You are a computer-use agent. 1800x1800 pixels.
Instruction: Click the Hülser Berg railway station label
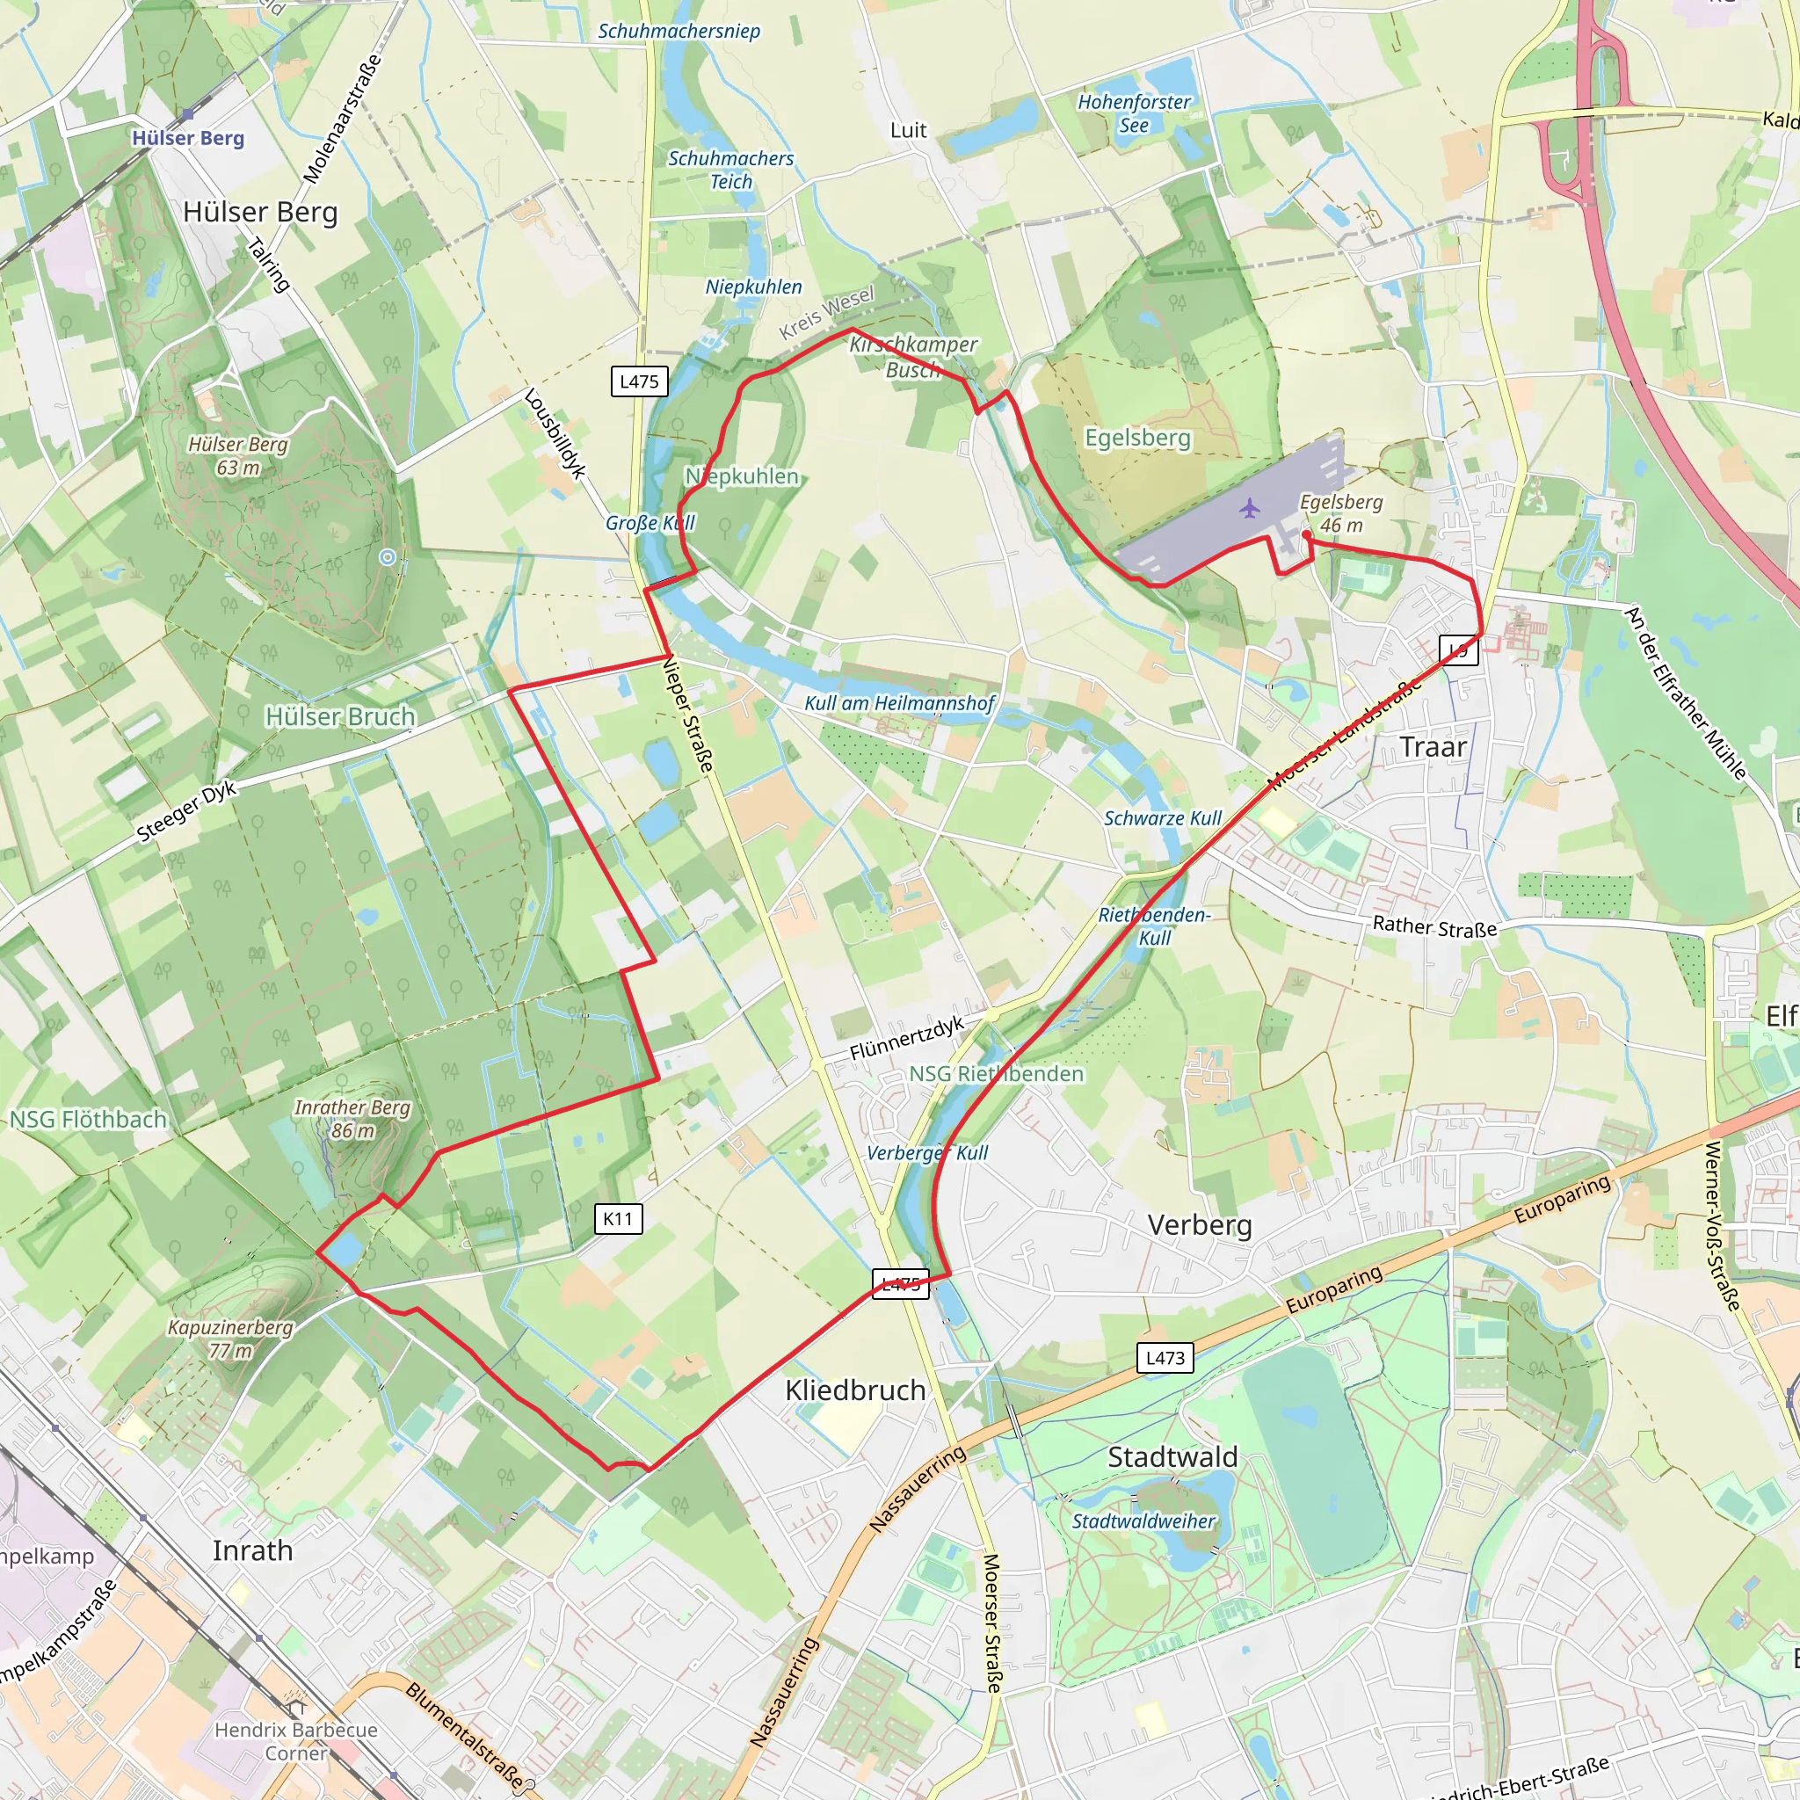coord(187,138)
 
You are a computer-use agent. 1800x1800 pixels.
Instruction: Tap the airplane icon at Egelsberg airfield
coord(1250,509)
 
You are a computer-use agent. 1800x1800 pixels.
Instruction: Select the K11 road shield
coord(618,1219)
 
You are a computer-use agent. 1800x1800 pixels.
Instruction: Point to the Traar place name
coord(1433,747)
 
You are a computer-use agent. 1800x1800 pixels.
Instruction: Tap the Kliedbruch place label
coord(855,1390)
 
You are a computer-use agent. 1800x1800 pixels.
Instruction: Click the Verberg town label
coord(1199,1224)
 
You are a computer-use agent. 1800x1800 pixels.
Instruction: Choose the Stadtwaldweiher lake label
coord(1143,1521)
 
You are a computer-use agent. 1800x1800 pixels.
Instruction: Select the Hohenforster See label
coord(1134,113)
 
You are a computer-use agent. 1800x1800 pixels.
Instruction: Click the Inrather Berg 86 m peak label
coord(352,1119)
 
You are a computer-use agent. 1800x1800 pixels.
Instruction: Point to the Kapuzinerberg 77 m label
coord(230,1339)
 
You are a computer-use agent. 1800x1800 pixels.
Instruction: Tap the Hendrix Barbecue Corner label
coord(296,1741)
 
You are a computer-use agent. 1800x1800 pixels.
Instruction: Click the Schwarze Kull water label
coord(1163,818)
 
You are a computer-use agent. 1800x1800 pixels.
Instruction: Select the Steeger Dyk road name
coord(186,812)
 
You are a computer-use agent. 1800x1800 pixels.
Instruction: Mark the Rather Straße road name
coord(1434,927)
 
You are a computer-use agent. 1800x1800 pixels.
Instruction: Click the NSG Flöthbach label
coord(88,1119)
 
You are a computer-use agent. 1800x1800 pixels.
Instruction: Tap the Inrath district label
coord(252,1550)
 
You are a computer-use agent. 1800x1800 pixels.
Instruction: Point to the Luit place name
coord(909,130)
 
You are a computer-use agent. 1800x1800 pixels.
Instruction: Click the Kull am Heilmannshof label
coord(899,703)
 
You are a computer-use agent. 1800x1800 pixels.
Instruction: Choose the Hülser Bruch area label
coord(340,716)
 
